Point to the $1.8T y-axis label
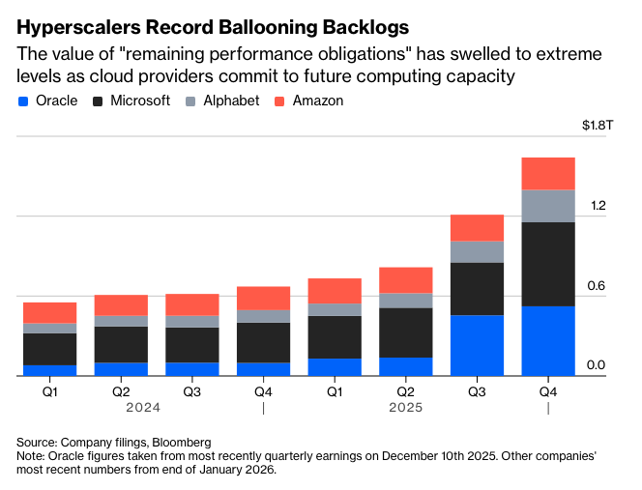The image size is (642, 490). pos(595,125)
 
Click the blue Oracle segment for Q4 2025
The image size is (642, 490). pos(548,340)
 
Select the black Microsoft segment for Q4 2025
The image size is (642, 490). pos(548,264)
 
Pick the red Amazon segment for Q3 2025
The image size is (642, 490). pos(477,227)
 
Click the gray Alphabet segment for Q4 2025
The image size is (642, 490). pos(548,206)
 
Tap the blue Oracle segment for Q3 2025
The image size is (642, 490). pos(477,345)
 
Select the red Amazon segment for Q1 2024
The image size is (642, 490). pos(49,312)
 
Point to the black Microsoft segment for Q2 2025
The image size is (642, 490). pos(405,332)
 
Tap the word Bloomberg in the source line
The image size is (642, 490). pos(182,442)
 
